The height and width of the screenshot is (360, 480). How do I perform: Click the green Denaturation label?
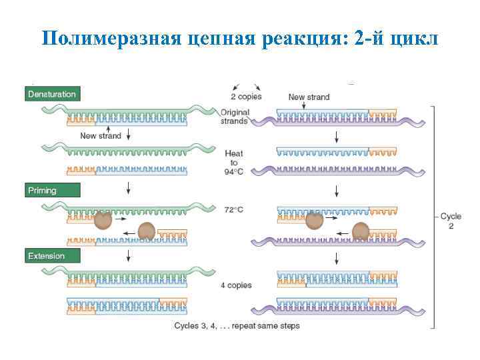tap(52, 94)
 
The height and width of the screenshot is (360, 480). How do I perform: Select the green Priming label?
tap(52, 191)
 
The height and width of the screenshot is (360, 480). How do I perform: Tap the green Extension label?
tap(52, 255)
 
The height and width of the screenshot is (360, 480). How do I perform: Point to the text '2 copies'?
tap(246, 96)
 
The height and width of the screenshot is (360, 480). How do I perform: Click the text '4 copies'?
tap(236, 285)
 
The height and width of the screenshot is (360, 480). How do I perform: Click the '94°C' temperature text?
tap(234, 171)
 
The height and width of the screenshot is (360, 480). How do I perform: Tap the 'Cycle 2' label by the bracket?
tap(451, 221)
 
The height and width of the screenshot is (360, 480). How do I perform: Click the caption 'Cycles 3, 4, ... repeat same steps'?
tap(237, 326)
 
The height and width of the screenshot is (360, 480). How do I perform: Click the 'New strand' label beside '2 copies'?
tap(309, 97)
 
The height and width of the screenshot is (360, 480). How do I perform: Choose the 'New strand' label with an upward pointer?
tap(101, 136)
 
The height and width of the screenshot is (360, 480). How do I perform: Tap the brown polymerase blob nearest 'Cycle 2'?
tap(361, 231)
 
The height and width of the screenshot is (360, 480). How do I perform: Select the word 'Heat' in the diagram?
tap(234, 153)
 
